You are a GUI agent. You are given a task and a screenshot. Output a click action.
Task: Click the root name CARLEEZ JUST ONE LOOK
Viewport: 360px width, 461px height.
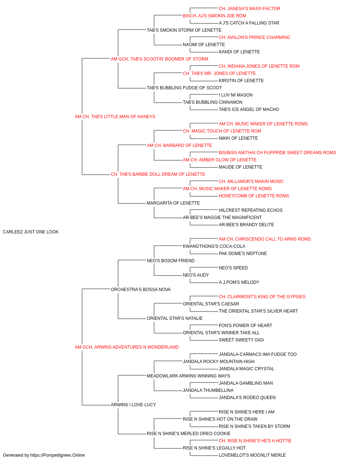31,232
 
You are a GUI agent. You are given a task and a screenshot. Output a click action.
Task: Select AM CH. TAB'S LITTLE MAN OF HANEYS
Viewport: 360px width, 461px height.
115,117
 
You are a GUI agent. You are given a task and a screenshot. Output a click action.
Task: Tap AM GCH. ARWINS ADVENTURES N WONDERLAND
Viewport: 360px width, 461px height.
127,347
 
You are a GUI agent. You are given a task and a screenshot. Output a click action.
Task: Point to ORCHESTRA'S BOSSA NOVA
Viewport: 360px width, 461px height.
140,290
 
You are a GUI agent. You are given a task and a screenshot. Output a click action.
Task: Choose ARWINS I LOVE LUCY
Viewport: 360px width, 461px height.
133,405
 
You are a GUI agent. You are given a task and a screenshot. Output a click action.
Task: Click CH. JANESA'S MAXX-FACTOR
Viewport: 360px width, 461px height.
249,9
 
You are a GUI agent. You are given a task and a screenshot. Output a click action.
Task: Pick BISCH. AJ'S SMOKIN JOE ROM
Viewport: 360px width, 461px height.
214,16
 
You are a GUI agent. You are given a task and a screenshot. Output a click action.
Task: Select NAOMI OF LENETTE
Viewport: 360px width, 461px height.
204,45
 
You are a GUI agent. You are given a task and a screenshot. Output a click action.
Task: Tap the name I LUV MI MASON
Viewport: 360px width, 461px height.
235,95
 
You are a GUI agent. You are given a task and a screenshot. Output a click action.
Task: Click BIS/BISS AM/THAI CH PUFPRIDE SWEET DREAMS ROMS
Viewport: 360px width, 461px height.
277,153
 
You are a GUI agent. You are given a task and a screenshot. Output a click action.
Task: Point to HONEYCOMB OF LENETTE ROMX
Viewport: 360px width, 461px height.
254,196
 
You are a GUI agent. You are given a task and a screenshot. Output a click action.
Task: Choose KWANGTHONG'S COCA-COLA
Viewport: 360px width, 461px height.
214,246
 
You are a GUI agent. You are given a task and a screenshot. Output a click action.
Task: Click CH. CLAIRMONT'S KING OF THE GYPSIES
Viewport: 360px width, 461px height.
262,297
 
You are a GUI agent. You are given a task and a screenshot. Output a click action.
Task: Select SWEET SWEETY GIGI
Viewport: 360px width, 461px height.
241,340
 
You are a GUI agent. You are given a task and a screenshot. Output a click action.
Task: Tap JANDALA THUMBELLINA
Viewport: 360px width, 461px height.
208,390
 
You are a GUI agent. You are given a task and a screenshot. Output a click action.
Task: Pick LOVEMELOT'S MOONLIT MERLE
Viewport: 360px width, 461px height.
252,455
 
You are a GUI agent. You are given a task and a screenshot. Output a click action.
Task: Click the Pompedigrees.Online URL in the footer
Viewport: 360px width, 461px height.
57,455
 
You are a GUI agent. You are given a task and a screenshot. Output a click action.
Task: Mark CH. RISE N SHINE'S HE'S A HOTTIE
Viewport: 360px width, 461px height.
255,440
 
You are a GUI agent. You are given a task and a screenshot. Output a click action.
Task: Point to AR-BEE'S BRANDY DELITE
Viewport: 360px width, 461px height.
246,225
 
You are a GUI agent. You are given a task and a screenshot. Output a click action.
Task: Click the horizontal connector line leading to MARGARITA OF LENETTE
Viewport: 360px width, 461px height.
132,203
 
